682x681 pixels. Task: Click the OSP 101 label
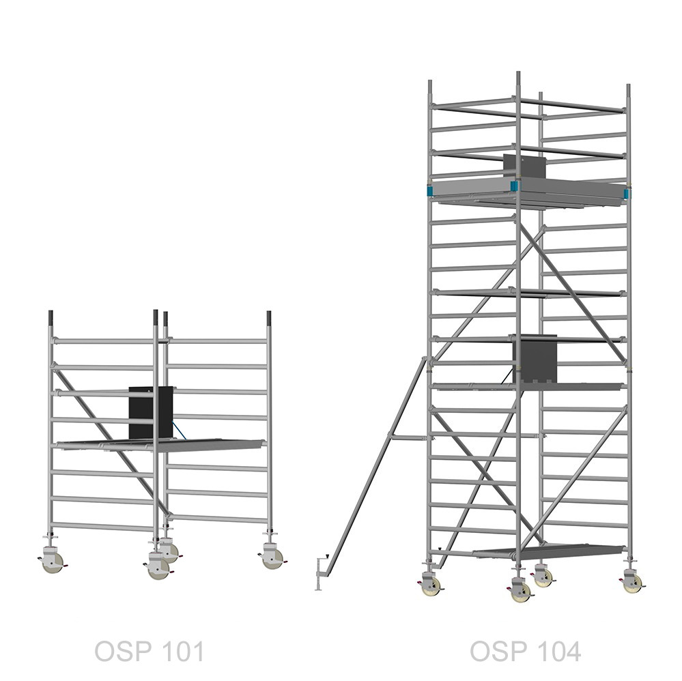point(150,651)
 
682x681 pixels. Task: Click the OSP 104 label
point(526,651)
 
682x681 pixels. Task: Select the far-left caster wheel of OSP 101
point(53,562)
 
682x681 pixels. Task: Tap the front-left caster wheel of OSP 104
point(432,586)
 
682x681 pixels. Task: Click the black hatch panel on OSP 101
point(150,412)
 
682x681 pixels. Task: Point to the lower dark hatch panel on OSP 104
point(535,359)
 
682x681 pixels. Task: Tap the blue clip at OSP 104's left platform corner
point(430,191)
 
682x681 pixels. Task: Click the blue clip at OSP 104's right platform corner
point(627,194)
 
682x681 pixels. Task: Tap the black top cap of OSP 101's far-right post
point(269,317)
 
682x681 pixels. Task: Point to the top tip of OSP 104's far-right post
point(629,85)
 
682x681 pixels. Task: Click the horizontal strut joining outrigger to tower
point(409,437)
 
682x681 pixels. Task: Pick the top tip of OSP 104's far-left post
point(429,81)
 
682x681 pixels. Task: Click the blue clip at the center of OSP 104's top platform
point(515,186)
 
